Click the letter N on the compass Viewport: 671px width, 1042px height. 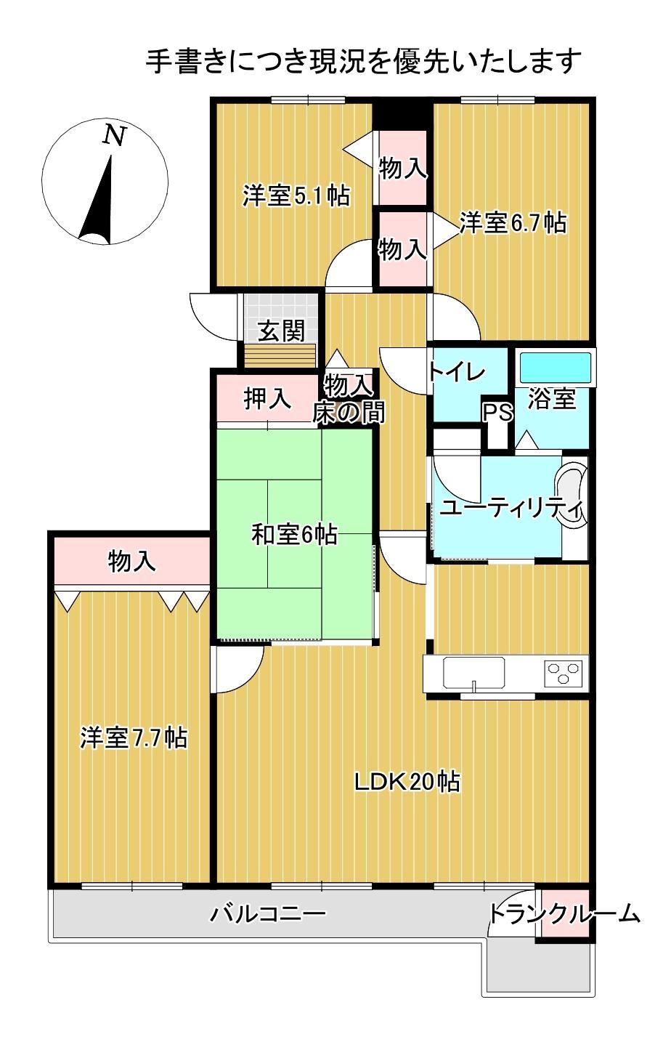tap(113, 136)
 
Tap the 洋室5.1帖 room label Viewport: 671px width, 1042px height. tap(296, 196)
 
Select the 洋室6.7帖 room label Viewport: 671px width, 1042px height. tap(513, 222)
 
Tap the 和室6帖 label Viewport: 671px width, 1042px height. tap(294, 534)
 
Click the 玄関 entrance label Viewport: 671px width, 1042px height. tap(281, 331)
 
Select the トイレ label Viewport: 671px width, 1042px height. tap(457, 372)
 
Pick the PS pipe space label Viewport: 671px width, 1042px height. tap(497, 412)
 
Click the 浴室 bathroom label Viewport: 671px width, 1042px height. tap(551, 399)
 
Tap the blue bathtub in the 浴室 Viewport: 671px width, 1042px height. tap(556, 367)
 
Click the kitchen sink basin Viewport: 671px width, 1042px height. tap(473, 672)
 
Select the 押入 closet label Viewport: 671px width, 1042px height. tap(267, 399)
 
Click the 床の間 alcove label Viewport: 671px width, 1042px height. tap(349, 412)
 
